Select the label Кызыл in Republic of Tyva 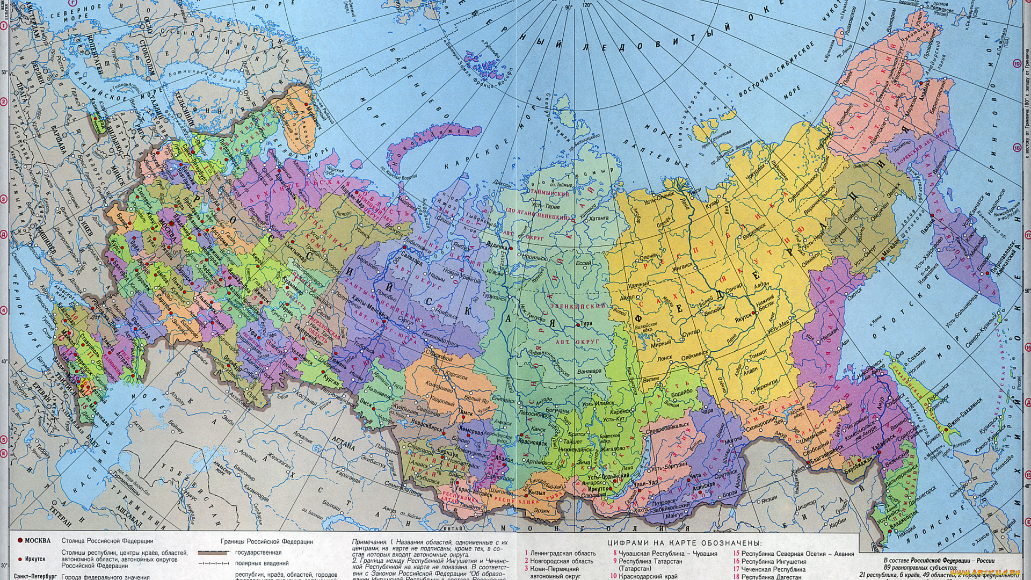(537, 492)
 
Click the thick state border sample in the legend (213, 553)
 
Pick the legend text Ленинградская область (563, 553)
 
